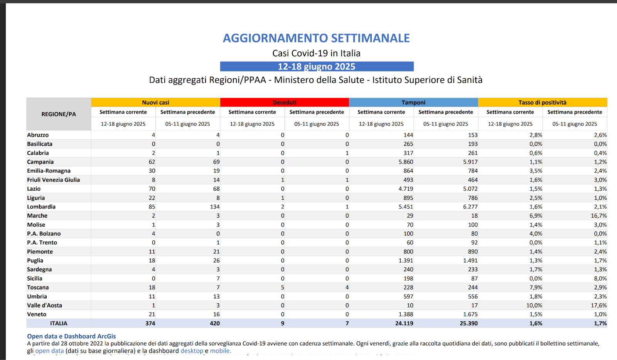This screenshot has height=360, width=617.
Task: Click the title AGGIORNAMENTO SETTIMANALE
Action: pos(316,38)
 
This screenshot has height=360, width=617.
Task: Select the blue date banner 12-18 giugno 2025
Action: pos(317,66)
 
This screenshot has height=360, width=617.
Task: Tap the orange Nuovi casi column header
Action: pos(155,102)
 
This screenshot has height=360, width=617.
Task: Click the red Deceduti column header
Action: pos(285,102)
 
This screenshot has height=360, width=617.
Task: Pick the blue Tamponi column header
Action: pos(413,102)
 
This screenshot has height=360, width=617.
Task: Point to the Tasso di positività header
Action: pos(542,102)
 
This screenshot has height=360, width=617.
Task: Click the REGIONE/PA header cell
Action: pos(59,114)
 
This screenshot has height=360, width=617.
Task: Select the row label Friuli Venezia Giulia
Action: pos(53,180)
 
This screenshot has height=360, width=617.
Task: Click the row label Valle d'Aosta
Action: pos(44,305)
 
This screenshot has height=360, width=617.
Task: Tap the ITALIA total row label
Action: pos(59,323)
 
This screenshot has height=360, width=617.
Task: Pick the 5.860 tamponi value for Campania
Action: pos(406,162)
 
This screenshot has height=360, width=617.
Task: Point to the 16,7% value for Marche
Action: pos(598,216)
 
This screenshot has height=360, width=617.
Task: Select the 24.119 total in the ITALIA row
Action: pos(404,323)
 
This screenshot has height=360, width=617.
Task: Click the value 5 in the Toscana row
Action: pos(283,287)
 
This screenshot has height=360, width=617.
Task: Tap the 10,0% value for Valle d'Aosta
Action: pos(534,305)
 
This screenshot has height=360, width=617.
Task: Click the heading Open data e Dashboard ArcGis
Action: pos(71,336)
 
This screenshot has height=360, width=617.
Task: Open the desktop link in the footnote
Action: pos(192,351)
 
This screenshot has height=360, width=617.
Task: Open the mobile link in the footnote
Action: pos(220,351)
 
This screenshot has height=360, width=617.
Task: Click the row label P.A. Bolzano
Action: pos(44,234)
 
